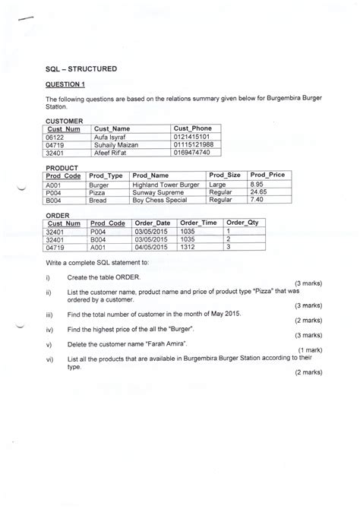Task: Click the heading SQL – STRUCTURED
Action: (x=81, y=68)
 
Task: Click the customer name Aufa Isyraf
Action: (x=111, y=137)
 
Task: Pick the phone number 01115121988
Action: (x=194, y=144)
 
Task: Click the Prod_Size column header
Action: (x=225, y=175)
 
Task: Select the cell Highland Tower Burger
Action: (x=166, y=184)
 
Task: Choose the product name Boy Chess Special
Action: (x=160, y=201)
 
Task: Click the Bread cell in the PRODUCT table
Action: (x=98, y=201)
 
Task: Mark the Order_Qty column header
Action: (x=243, y=223)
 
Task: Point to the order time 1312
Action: (x=188, y=247)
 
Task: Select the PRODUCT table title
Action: (x=62, y=167)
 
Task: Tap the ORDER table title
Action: (x=58, y=215)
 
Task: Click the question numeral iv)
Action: (x=49, y=329)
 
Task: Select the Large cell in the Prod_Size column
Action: (x=217, y=184)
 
